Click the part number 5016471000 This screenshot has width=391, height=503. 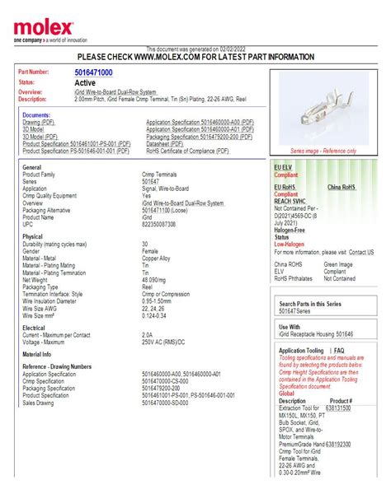[x=93, y=73]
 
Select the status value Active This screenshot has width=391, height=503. [x=85, y=83]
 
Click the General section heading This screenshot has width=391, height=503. [x=33, y=167]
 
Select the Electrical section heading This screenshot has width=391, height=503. [x=35, y=328]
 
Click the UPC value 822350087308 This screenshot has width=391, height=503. [x=159, y=224]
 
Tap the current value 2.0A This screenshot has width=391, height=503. [x=147, y=335]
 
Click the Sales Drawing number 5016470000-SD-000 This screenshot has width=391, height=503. [x=172, y=402]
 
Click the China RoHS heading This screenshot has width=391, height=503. [x=344, y=187]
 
